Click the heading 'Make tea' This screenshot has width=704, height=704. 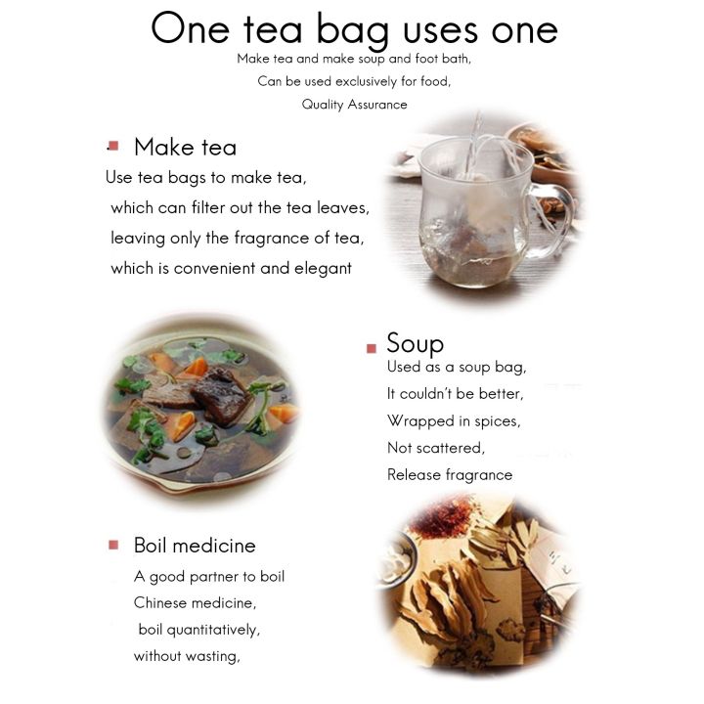coord(185,148)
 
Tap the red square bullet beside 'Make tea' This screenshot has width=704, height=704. coord(113,146)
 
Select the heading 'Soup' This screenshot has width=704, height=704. coord(415,343)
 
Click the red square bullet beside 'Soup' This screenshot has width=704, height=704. coord(372,348)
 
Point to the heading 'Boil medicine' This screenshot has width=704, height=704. coord(195,546)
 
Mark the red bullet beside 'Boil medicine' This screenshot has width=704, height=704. coord(113,545)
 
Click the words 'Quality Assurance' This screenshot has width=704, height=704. coord(354,105)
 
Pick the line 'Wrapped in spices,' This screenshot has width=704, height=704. coord(453,421)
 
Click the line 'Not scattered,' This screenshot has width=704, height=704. coord(435,448)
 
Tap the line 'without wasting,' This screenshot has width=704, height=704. coord(187,656)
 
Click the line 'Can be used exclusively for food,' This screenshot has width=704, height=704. coord(354,81)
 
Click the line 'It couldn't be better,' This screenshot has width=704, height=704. coord(455,394)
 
